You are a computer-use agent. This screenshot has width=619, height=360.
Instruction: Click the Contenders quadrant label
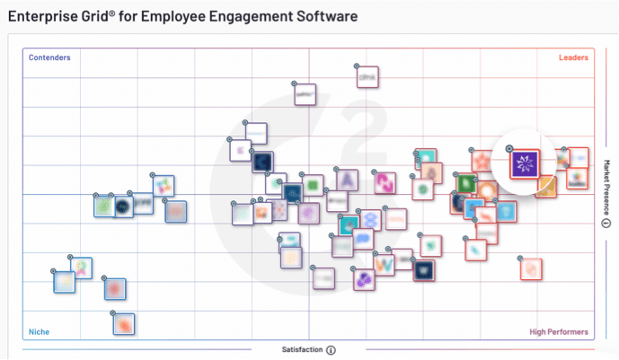49,58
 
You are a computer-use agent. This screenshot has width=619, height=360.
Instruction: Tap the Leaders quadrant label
572,58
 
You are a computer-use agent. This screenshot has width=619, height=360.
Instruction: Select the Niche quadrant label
39,331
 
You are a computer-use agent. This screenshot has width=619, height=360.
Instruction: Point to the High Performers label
559,331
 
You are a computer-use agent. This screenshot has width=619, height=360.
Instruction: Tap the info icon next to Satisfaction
331,350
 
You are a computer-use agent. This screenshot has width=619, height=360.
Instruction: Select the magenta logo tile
385,183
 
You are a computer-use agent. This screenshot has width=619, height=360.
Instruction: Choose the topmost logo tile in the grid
367,79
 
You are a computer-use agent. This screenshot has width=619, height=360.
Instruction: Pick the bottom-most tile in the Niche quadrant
124,323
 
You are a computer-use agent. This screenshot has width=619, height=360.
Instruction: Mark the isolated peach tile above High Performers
531,268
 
